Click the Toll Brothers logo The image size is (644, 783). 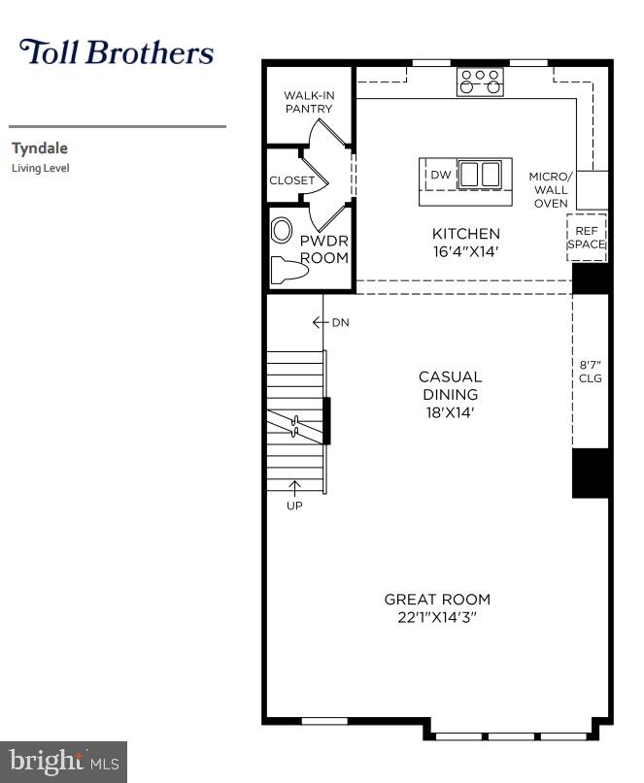(x=117, y=51)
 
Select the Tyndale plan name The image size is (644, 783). (x=39, y=148)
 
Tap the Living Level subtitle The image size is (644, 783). (x=40, y=168)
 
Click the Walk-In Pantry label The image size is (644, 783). (x=308, y=102)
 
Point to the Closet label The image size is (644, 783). (x=291, y=180)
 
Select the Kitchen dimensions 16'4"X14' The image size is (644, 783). (x=466, y=251)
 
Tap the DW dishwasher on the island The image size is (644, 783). (x=440, y=175)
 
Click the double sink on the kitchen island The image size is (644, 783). (x=479, y=175)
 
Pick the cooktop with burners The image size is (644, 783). (x=480, y=82)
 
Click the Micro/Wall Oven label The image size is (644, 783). (x=551, y=189)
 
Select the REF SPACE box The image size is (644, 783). (x=587, y=238)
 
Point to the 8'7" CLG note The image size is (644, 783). (x=591, y=372)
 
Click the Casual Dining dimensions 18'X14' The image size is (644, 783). (x=450, y=412)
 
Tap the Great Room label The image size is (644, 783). (x=437, y=599)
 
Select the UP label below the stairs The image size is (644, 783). (x=294, y=506)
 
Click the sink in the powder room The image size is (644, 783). (x=282, y=231)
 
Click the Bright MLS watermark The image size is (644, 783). (x=63, y=762)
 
